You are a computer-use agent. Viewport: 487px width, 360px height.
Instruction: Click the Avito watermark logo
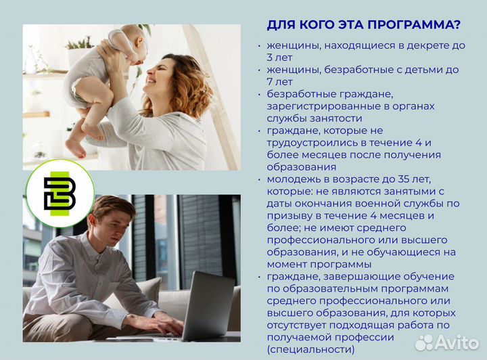pyautogui.click(x=446, y=342)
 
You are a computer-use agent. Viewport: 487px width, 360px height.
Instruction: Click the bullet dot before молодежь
pyautogui.click(x=260, y=180)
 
